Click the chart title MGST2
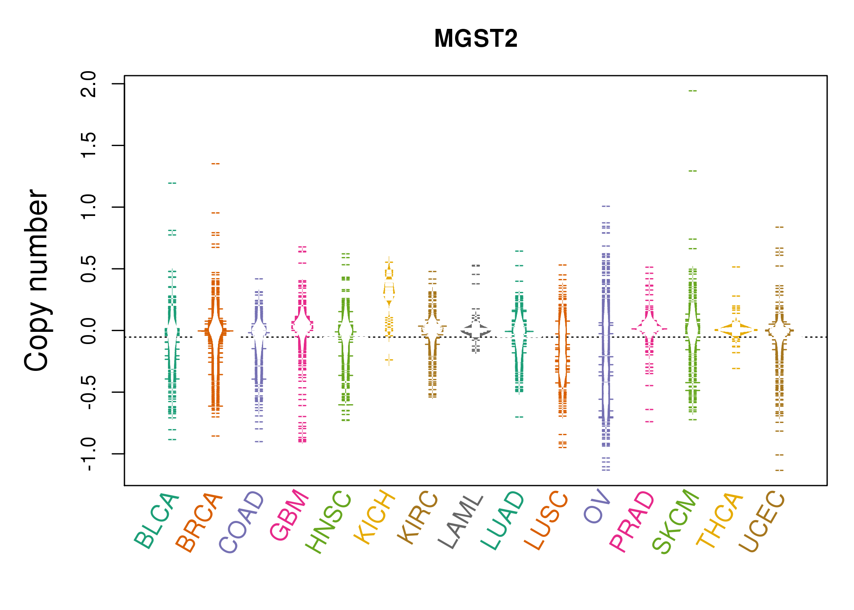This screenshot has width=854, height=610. [476, 39]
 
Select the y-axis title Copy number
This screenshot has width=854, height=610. [36, 280]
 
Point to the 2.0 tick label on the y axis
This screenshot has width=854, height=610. [89, 84]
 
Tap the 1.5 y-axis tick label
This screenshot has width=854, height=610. [89, 146]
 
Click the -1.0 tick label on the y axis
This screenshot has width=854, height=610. [89, 454]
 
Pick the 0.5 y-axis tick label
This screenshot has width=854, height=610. [89, 269]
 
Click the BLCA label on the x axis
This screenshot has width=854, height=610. [157, 521]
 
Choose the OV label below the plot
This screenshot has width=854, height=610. [597, 507]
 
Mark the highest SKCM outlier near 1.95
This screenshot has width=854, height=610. [693, 91]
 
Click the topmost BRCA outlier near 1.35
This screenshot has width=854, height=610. [216, 163]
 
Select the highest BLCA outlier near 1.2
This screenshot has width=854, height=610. [172, 183]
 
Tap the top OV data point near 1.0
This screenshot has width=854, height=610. [606, 206]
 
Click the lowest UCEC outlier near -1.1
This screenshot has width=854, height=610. [779, 470]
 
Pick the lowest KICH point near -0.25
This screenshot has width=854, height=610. [389, 359]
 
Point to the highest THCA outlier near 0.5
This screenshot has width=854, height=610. [736, 267]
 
